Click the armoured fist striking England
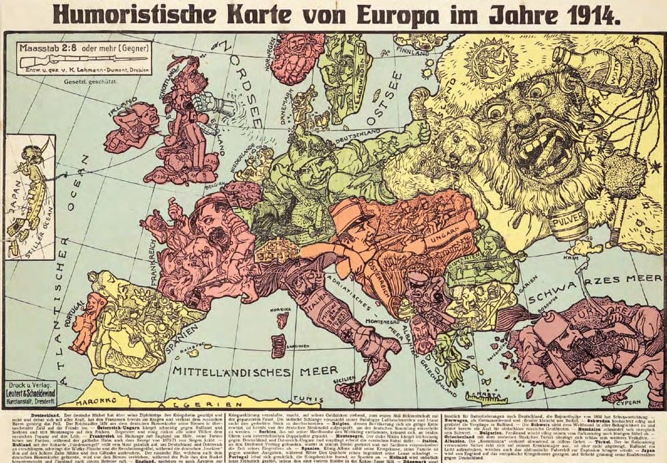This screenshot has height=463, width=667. pos(214,103)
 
